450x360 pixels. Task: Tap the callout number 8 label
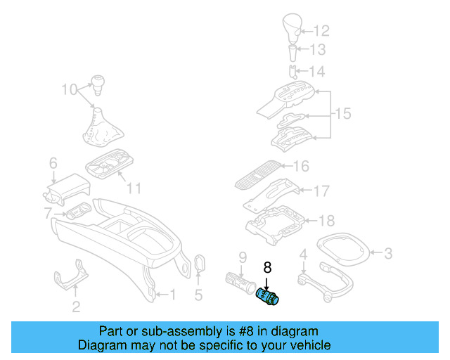266,267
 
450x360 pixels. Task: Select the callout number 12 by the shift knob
321,30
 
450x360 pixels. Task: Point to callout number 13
319,50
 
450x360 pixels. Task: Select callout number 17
321,190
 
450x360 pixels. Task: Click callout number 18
326,221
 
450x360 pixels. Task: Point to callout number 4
303,254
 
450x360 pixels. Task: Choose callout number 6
53,163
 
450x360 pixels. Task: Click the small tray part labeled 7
77,211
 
